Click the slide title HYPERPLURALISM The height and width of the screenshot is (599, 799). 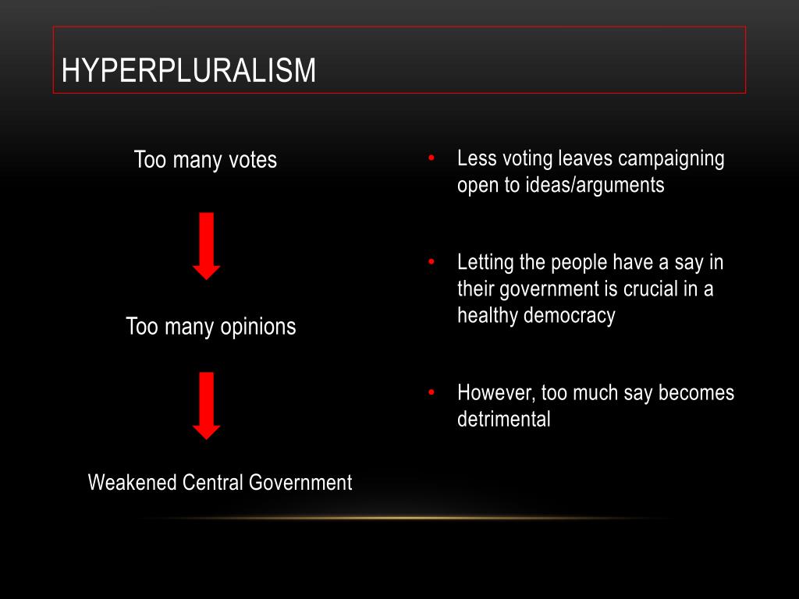click(189, 71)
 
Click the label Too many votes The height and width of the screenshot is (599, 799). click(205, 160)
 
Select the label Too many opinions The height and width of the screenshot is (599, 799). click(211, 326)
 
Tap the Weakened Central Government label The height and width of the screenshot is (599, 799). click(220, 482)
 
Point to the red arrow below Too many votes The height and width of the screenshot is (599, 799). click(207, 245)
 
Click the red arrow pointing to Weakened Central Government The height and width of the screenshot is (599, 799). click(207, 406)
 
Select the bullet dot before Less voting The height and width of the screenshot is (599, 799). click(431, 159)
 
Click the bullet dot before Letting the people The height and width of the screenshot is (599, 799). click(431, 262)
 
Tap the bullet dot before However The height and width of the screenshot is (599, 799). click(431, 392)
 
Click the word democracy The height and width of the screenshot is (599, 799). click(569, 315)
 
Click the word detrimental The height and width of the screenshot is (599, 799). click(504, 419)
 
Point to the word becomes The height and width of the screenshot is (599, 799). click(696, 392)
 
